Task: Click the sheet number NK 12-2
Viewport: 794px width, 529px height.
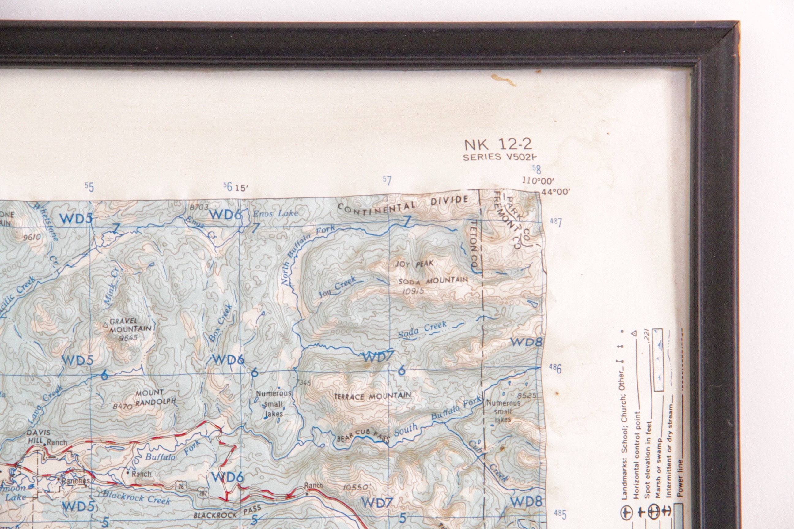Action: [x=498, y=145]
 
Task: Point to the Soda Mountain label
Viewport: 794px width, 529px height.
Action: [x=433, y=281]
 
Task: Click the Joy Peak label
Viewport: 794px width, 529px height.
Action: [x=414, y=264]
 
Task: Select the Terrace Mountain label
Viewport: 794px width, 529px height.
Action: [x=372, y=396]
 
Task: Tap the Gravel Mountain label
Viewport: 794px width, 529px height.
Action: [x=128, y=325]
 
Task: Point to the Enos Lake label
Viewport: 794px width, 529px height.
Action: [x=275, y=213]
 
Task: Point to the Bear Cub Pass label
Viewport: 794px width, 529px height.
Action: [x=363, y=436]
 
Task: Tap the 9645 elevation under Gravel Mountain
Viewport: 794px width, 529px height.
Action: [x=128, y=337]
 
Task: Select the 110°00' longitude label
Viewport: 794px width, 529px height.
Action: [x=538, y=181]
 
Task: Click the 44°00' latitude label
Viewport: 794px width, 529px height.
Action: [x=556, y=192]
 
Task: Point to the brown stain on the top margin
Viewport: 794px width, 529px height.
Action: [x=503, y=80]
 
